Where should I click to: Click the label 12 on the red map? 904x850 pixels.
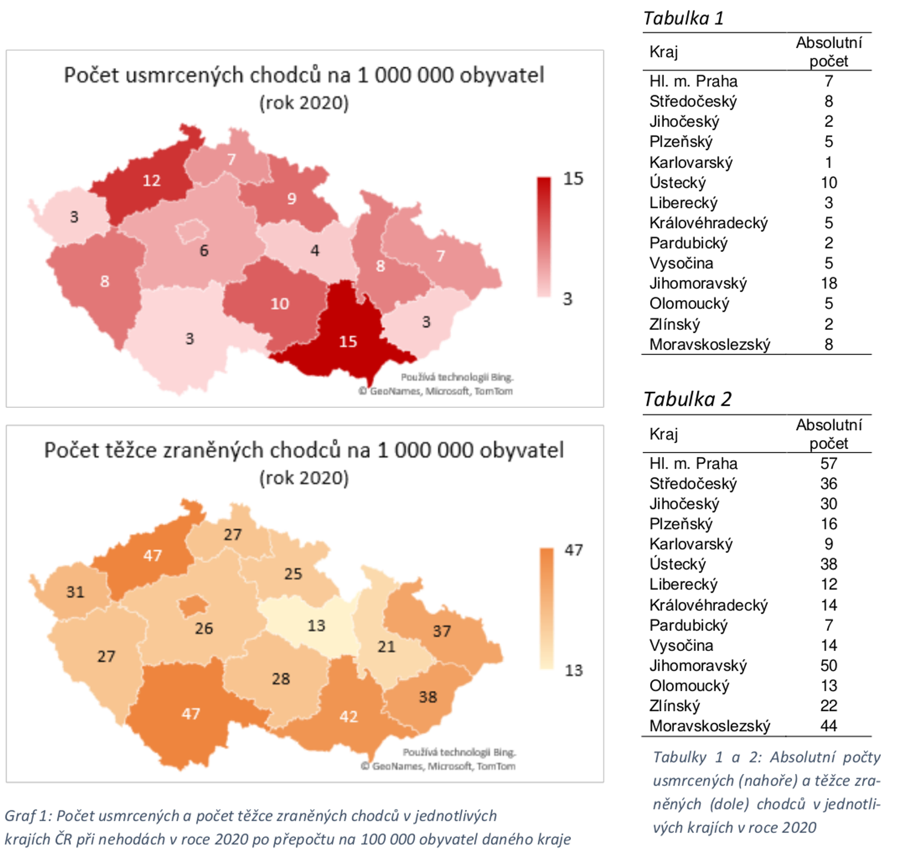click(151, 181)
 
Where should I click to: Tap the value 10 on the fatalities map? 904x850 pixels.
click(279, 303)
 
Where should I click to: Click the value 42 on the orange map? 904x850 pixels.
click(348, 716)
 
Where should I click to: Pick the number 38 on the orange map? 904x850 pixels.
click(428, 697)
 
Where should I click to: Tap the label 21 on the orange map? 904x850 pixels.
click(386, 646)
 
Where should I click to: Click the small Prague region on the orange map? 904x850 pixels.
click(193, 606)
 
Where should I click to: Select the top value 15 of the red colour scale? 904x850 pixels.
click(573, 178)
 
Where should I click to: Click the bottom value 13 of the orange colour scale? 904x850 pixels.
click(573, 670)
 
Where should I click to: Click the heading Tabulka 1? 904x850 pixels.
click(683, 18)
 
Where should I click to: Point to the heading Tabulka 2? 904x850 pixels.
click(687, 399)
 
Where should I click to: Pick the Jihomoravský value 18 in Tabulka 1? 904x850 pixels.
click(829, 283)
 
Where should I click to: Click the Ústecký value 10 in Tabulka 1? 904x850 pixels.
click(829, 182)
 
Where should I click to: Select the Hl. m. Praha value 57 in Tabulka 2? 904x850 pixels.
click(829, 463)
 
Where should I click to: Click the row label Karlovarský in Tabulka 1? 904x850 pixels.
click(691, 162)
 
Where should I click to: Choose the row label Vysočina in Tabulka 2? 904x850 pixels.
click(681, 645)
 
